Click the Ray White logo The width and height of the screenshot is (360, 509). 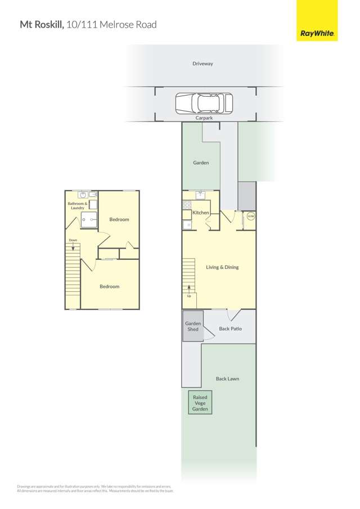point(318,21)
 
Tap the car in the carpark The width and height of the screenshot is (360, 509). point(204,103)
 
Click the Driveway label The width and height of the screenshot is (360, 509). point(202,64)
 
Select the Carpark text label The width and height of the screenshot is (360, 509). point(203,119)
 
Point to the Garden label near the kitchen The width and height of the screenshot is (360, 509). point(201,163)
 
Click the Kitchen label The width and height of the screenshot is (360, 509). point(201,213)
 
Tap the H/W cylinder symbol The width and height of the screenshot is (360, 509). point(250,216)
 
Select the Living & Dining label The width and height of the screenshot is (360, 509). point(222,267)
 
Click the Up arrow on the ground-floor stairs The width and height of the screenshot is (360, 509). point(189,288)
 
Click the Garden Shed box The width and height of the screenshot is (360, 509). point(193,326)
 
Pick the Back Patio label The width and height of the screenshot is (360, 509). point(230,328)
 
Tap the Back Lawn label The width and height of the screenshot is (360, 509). point(227,379)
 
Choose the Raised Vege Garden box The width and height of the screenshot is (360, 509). point(201,403)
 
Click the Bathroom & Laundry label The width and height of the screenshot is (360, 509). point(77,206)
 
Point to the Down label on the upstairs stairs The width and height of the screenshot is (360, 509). point(73,240)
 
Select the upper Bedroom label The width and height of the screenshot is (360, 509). point(119,219)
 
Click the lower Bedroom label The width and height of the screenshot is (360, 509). point(110,286)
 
